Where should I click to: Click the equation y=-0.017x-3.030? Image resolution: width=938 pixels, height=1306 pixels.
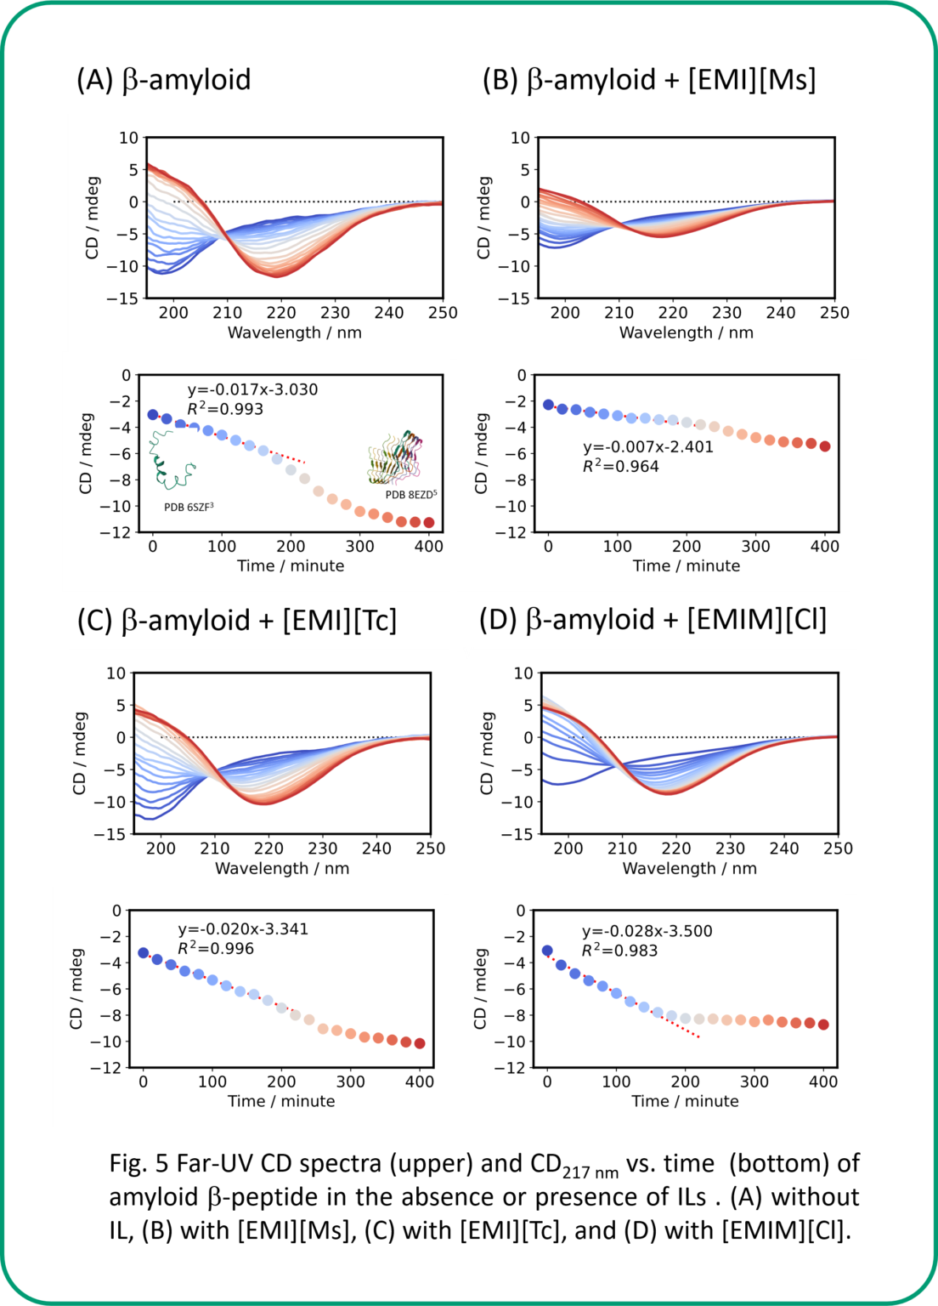tap(252, 390)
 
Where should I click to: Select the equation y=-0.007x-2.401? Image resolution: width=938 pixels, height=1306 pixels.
tap(647, 447)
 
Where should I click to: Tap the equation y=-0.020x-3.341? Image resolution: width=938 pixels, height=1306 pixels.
tap(243, 929)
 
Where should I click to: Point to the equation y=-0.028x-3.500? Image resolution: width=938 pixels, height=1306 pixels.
tap(647, 931)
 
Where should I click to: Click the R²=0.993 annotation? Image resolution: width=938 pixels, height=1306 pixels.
tap(225, 409)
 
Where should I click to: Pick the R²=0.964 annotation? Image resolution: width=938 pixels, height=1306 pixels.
tap(620, 466)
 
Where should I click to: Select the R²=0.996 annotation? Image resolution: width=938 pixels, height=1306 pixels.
tap(216, 949)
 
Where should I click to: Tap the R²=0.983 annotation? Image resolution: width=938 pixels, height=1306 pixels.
tap(619, 951)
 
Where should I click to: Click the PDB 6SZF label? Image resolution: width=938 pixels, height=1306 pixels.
tap(189, 508)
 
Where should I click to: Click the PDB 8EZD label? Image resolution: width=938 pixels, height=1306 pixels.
tap(411, 495)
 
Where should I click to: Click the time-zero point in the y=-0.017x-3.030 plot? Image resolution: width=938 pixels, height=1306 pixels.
tap(153, 415)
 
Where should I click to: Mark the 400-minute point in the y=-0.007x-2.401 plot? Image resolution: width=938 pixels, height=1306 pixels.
tap(824, 446)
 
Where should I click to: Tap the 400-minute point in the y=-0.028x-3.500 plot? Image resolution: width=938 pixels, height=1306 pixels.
tap(823, 1025)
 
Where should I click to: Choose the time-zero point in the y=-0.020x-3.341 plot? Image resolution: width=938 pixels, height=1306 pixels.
tap(144, 953)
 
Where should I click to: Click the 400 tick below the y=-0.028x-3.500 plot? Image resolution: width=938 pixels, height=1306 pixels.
tap(823, 1082)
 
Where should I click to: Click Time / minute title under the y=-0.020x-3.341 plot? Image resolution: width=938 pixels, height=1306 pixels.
tap(281, 1101)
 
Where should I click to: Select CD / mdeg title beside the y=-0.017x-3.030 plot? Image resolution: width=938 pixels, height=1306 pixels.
tap(86, 453)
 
